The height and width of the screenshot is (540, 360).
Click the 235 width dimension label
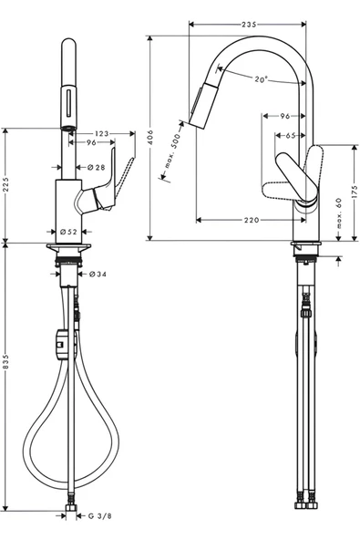249,25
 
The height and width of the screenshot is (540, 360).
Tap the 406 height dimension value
149,138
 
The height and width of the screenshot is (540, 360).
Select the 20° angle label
261,79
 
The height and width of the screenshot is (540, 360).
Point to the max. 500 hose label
172,151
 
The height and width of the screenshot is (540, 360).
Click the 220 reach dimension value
252,220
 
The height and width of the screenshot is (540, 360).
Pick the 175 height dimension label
355,192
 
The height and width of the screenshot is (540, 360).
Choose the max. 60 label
339,213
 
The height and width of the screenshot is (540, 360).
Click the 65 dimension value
291,136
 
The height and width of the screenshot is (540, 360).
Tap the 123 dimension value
101,133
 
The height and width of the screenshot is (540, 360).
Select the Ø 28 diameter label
96,167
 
